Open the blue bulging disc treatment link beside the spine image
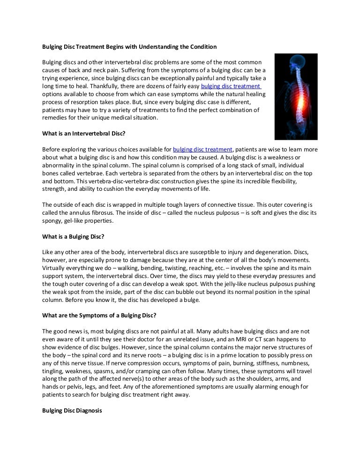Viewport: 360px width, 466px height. (230, 87)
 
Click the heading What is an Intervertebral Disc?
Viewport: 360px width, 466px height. (84, 134)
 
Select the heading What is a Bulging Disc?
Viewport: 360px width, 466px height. (73, 236)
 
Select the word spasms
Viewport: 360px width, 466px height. (115, 370)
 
